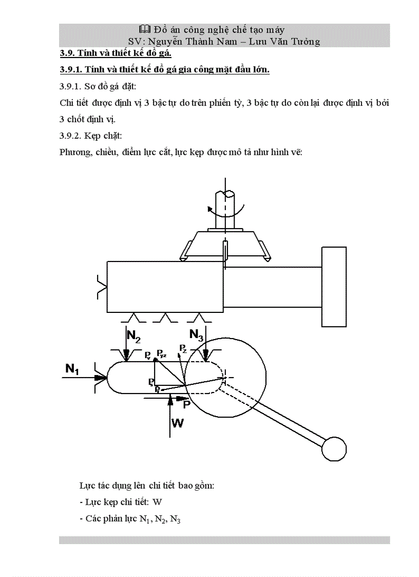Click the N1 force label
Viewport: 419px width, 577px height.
pos(72,368)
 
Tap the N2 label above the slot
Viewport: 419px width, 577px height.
pos(134,337)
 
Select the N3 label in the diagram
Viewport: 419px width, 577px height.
pos(197,334)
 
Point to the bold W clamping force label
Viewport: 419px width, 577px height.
pos(177,423)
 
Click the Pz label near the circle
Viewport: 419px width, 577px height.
pos(183,349)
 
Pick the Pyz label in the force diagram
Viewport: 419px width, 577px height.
pos(162,354)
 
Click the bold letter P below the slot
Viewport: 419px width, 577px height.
pos(187,404)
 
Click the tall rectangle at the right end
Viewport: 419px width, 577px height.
pos(334,286)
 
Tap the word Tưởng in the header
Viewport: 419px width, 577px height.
pos(302,42)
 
